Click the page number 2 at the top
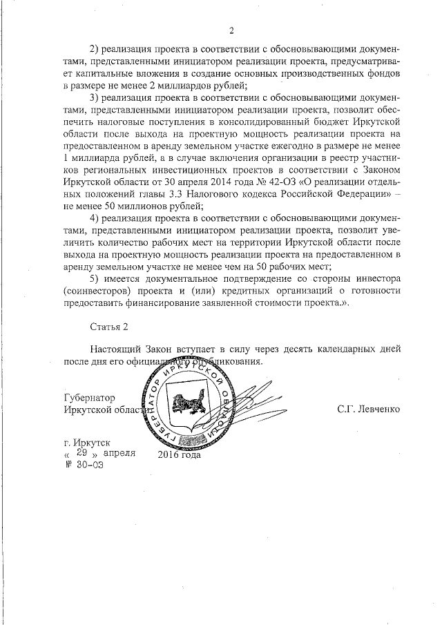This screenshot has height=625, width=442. click(232, 30)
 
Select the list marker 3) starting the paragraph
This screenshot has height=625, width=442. click(96, 97)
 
